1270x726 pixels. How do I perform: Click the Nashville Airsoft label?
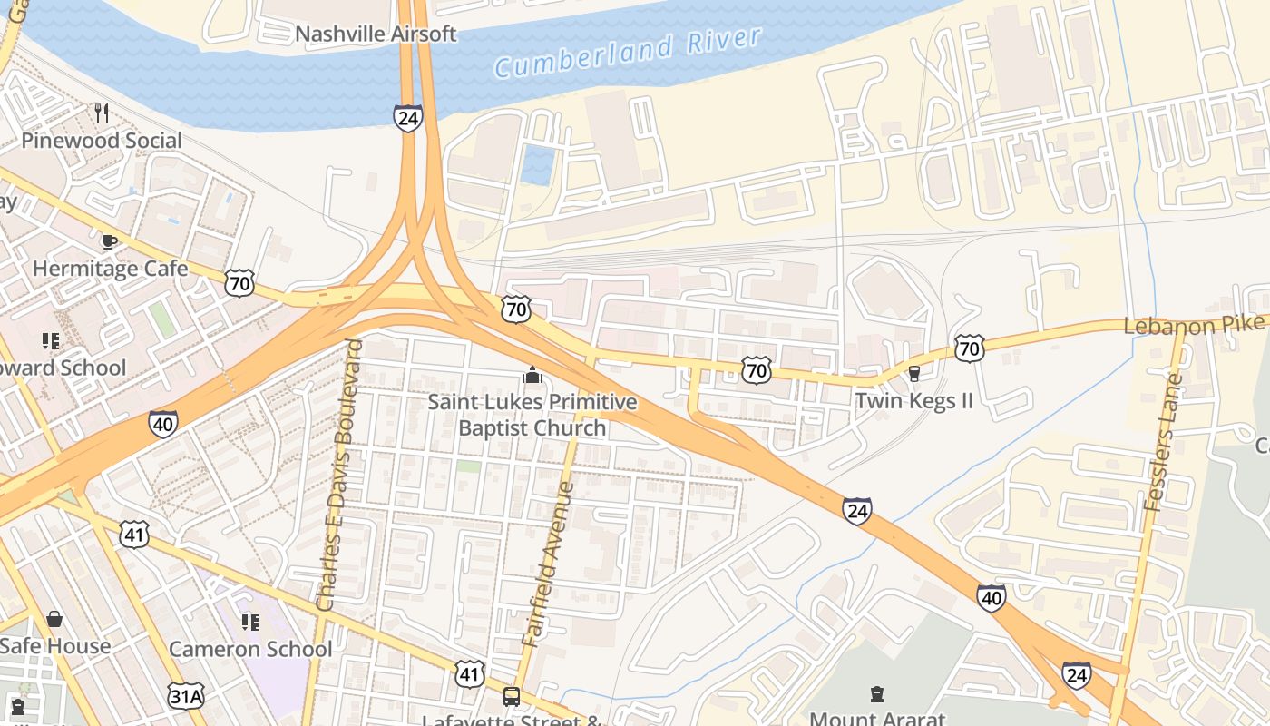[x=376, y=34]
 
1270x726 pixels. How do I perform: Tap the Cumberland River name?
[x=628, y=53]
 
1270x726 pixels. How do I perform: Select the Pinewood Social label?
[x=102, y=141]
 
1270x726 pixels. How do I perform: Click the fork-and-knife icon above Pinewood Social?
[x=102, y=113]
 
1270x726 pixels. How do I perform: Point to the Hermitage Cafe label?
[x=110, y=269]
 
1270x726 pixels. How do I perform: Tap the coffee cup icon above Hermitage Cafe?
[x=110, y=241]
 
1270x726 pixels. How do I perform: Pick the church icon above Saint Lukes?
[x=532, y=375]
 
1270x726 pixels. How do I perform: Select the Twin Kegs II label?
[x=913, y=400]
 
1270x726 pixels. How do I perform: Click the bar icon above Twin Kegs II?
[x=913, y=373]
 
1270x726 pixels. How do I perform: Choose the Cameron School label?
[x=250, y=649]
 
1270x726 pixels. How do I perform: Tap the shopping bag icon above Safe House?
[x=54, y=619]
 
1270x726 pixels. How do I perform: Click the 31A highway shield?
[x=185, y=696]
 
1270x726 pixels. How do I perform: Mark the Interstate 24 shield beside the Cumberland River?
[x=408, y=117]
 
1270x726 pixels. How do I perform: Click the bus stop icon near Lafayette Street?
[x=512, y=697]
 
